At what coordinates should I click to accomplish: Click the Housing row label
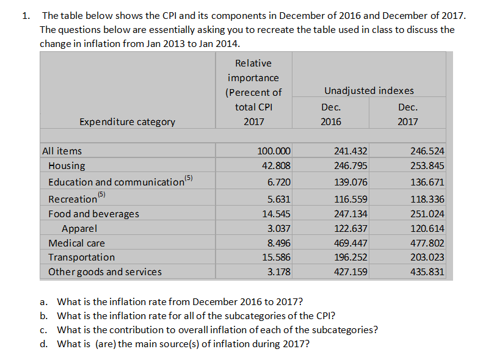67,165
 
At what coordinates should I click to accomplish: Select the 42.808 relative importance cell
276,165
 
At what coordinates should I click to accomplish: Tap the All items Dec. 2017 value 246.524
428,151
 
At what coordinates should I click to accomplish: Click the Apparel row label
79,229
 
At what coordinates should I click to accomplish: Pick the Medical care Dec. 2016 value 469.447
350,243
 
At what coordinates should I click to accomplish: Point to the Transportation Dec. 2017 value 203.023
428,257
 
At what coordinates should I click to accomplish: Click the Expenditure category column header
127,121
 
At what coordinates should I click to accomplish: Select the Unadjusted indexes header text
369,90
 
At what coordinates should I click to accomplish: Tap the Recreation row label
73,199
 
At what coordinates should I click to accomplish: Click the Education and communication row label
116,182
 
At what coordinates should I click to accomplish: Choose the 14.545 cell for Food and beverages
276,214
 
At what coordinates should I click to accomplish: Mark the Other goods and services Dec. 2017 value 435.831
428,272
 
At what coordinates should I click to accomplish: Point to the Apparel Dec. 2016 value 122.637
350,229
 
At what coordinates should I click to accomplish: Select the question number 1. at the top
25,15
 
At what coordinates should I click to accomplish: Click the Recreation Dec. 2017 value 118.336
428,199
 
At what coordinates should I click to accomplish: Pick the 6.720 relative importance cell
278,182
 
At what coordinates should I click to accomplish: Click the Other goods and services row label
105,272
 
